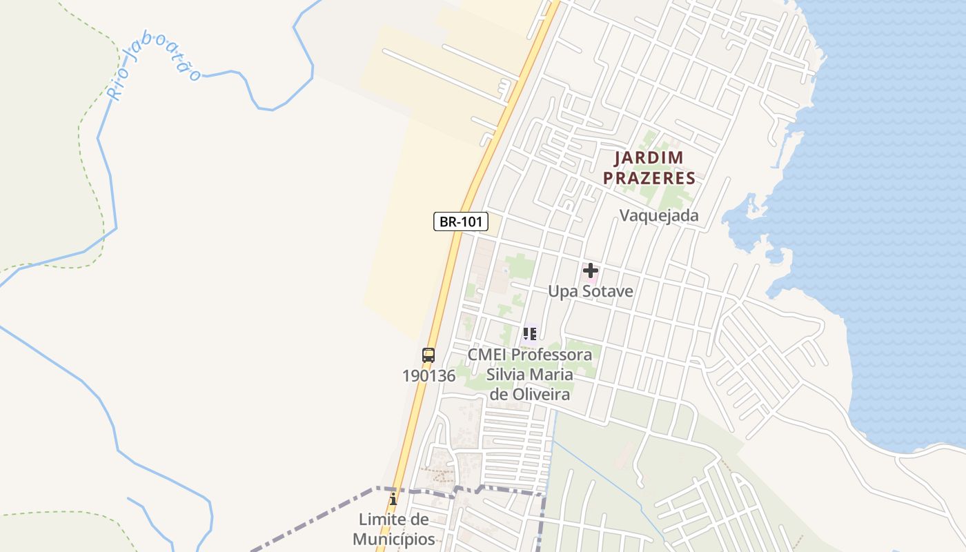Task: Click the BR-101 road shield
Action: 461,221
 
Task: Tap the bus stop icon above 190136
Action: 428,355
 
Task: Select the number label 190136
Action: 428,376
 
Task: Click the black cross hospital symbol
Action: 590,270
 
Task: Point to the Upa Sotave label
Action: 590,291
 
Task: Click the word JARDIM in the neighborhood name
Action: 649,158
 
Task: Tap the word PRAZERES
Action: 649,178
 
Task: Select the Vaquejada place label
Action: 659,215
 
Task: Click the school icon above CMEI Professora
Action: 530,335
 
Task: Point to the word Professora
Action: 555,355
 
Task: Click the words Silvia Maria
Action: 530,375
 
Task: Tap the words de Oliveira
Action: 530,395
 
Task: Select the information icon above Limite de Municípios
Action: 393,499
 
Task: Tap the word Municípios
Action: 394,539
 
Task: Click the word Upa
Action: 562,291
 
